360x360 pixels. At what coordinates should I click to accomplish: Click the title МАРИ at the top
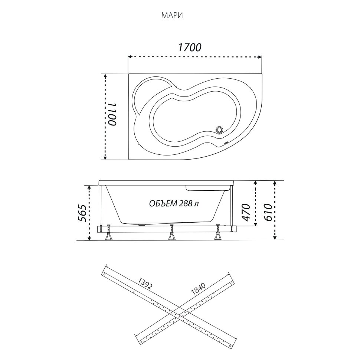point(172,16)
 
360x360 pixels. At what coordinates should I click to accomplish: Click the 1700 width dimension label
point(190,47)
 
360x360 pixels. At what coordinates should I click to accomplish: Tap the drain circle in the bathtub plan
point(219,130)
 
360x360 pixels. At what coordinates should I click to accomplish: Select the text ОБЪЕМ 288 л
point(174,203)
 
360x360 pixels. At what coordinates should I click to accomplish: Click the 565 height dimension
point(82,213)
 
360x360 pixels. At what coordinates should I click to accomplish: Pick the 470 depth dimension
point(246,212)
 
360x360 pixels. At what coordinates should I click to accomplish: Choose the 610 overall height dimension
point(268,212)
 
